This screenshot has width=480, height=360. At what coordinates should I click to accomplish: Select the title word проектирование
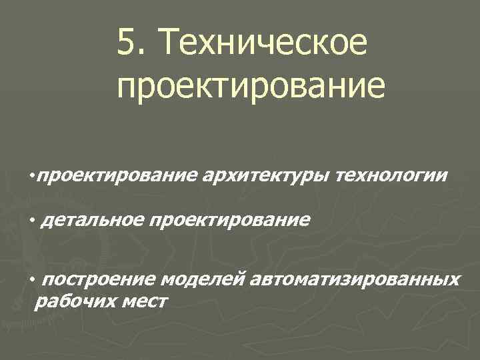pyautogui.click(x=251, y=87)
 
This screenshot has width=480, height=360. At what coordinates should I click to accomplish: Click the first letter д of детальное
pyautogui.click(x=45, y=219)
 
